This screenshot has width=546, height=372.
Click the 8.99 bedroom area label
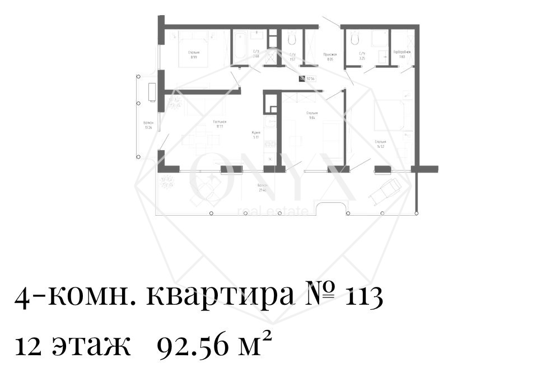pyautogui.click(x=194, y=55)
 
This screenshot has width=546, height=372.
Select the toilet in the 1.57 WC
pyautogui.click(x=292, y=39)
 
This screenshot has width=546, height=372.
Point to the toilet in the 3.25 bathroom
pyautogui.click(x=354, y=39)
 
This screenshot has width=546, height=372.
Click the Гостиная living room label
pyautogui.click(x=219, y=124)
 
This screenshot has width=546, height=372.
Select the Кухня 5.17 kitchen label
pyautogui.click(x=256, y=135)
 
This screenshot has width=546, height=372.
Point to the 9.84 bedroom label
pyautogui.click(x=312, y=116)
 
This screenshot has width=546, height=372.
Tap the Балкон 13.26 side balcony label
pyautogui.click(x=148, y=125)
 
